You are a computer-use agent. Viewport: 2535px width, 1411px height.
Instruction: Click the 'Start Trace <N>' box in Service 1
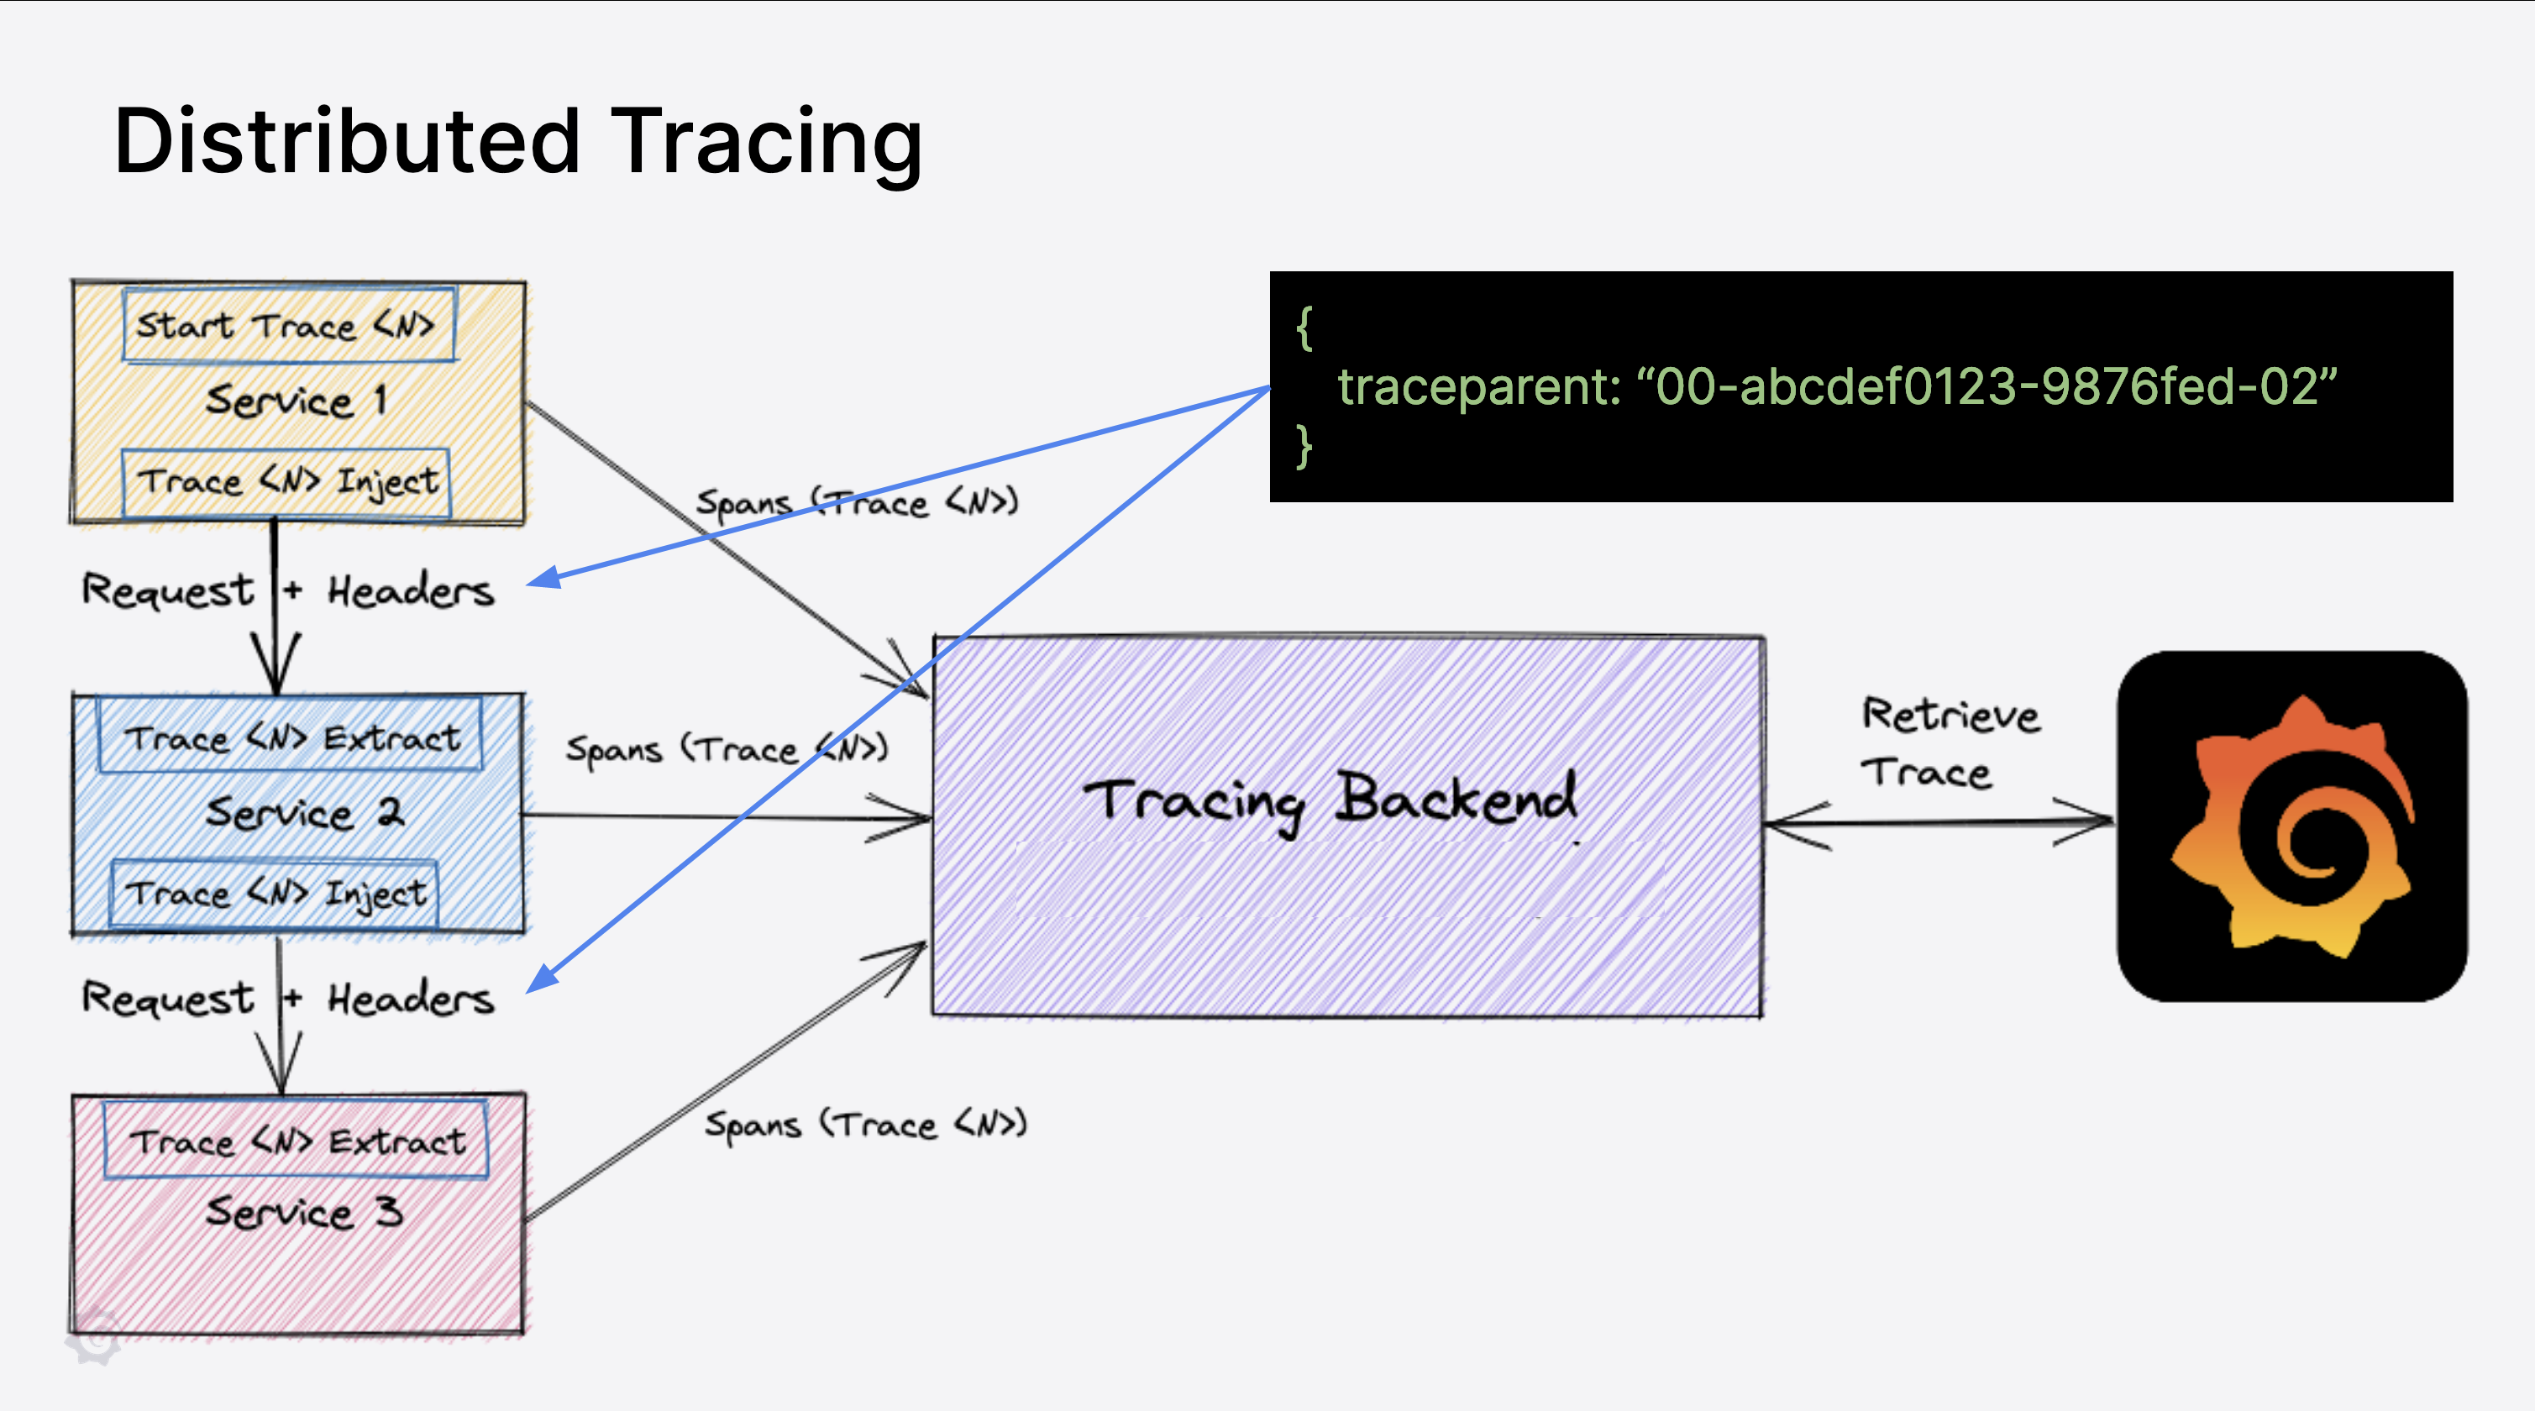tap(287, 325)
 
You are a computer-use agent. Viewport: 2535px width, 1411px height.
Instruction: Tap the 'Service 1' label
tap(295, 401)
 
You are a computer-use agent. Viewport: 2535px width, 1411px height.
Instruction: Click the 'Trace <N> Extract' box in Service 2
tap(291, 736)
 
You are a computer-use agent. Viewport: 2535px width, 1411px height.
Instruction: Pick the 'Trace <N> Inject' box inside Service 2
tap(276, 894)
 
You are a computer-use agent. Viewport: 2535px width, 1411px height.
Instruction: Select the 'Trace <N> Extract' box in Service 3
tap(295, 1141)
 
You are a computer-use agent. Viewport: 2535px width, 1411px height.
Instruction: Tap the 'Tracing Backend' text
tap(1329, 799)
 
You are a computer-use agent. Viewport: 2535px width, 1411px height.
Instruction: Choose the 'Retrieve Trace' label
tap(1949, 743)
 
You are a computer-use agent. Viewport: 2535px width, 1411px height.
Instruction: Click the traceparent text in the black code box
tap(1836, 386)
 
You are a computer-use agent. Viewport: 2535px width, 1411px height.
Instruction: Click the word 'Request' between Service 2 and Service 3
tap(167, 998)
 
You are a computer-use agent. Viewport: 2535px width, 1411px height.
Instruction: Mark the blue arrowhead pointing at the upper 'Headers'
tap(543, 579)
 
